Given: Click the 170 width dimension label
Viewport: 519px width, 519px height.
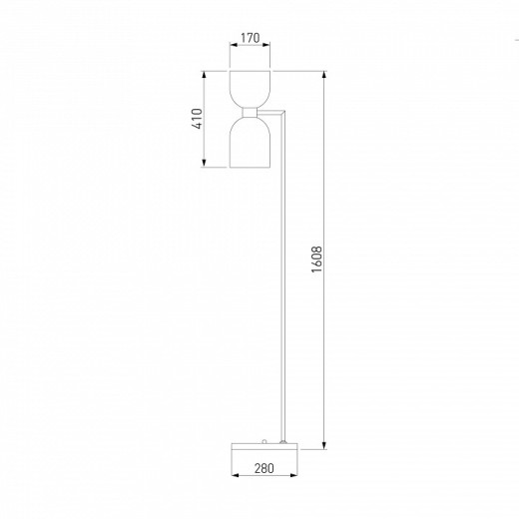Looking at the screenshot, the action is pos(250,38).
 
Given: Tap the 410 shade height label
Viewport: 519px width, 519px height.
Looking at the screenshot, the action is pos(197,119).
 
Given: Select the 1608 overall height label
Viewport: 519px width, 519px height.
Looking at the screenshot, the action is pos(316,259).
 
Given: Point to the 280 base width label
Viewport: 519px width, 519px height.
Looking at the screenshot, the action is pos(264,468).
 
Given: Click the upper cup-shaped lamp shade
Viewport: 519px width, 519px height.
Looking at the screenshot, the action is pos(250,89).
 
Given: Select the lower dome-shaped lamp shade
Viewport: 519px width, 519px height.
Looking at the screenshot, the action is pos(250,143).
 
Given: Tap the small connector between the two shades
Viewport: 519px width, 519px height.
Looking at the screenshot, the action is pos(250,113).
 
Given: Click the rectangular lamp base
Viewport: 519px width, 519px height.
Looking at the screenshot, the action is pos(265,446).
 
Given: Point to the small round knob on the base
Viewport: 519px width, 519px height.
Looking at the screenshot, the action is pos(264,441).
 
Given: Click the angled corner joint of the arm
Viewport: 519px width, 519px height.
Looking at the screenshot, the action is pos(283,114).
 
